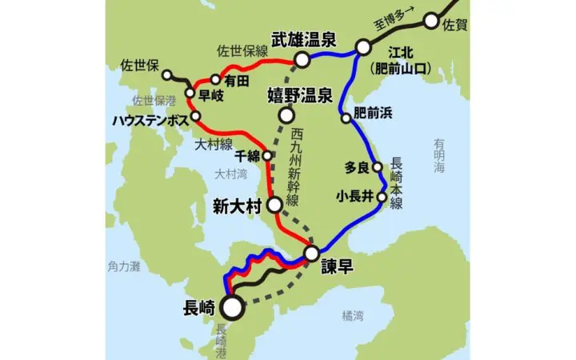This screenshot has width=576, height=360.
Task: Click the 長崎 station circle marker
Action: [x=232, y=306]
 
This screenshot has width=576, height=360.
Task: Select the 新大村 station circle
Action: [x=274, y=206]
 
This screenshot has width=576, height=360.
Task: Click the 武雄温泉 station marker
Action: [x=302, y=59]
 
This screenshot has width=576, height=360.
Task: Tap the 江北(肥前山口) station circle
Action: [x=363, y=47]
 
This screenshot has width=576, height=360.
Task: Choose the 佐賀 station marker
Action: [x=433, y=22]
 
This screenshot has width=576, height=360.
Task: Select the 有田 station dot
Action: [x=215, y=79]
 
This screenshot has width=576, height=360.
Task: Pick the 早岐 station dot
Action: [x=190, y=94]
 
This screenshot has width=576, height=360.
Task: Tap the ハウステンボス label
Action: [x=150, y=119]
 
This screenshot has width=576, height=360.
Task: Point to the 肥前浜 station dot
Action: [x=346, y=118]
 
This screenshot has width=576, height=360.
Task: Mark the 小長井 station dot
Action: [x=382, y=196]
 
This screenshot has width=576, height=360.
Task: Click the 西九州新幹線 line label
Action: [x=297, y=164]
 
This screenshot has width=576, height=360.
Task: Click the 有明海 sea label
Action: [x=439, y=155]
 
